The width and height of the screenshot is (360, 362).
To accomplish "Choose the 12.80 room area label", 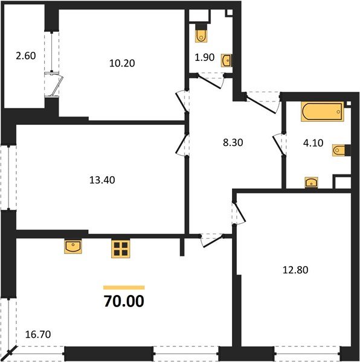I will pyautogui.click(x=294, y=270).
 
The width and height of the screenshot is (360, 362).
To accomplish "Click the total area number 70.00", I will pyautogui.click(x=124, y=300).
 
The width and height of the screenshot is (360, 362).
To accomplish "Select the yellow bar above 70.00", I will pyautogui.click(x=124, y=287).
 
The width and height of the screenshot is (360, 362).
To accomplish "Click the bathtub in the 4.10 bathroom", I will pyautogui.click(x=322, y=112).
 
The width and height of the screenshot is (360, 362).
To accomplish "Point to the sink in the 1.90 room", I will pyautogui.click(x=227, y=60).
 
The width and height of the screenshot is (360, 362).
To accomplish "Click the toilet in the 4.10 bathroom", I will pyautogui.click(x=340, y=150).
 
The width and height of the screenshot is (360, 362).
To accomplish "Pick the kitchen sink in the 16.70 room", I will pyautogui.click(x=74, y=246).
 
